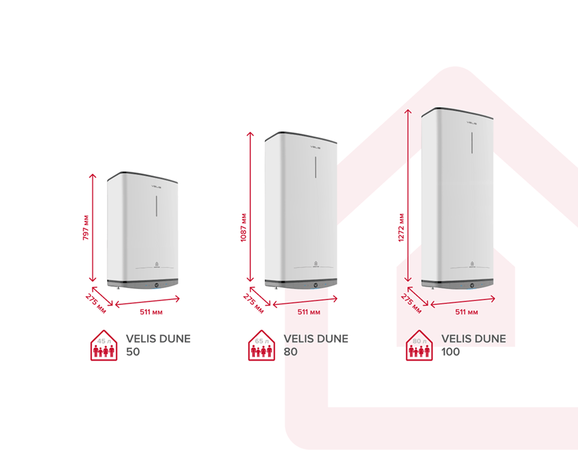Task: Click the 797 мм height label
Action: click(x=86, y=227)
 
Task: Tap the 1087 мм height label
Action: click(x=244, y=227)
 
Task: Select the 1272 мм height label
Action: click(x=401, y=227)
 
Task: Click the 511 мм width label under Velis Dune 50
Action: click(x=151, y=312)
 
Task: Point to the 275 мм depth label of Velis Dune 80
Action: click(x=253, y=303)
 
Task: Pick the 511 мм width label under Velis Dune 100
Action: click(x=466, y=312)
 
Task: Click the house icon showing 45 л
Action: click(x=103, y=345)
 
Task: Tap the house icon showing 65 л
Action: click(x=262, y=345)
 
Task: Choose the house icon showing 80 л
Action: click(x=419, y=345)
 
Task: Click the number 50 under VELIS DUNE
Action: click(x=133, y=352)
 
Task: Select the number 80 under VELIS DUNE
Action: click(x=291, y=352)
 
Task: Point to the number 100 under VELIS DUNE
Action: click(x=450, y=352)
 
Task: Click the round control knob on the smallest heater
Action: click(x=157, y=285)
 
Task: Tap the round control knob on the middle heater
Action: click(x=316, y=285)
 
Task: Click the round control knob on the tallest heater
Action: click(x=472, y=286)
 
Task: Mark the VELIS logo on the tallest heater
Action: click(x=472, y=123)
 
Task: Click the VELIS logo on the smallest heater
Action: click(x=156, y=187)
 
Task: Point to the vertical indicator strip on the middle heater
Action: click(x=315, y=167)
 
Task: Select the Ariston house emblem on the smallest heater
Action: click(x=157, y=264)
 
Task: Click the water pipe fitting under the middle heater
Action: click(x=276, y=288)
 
